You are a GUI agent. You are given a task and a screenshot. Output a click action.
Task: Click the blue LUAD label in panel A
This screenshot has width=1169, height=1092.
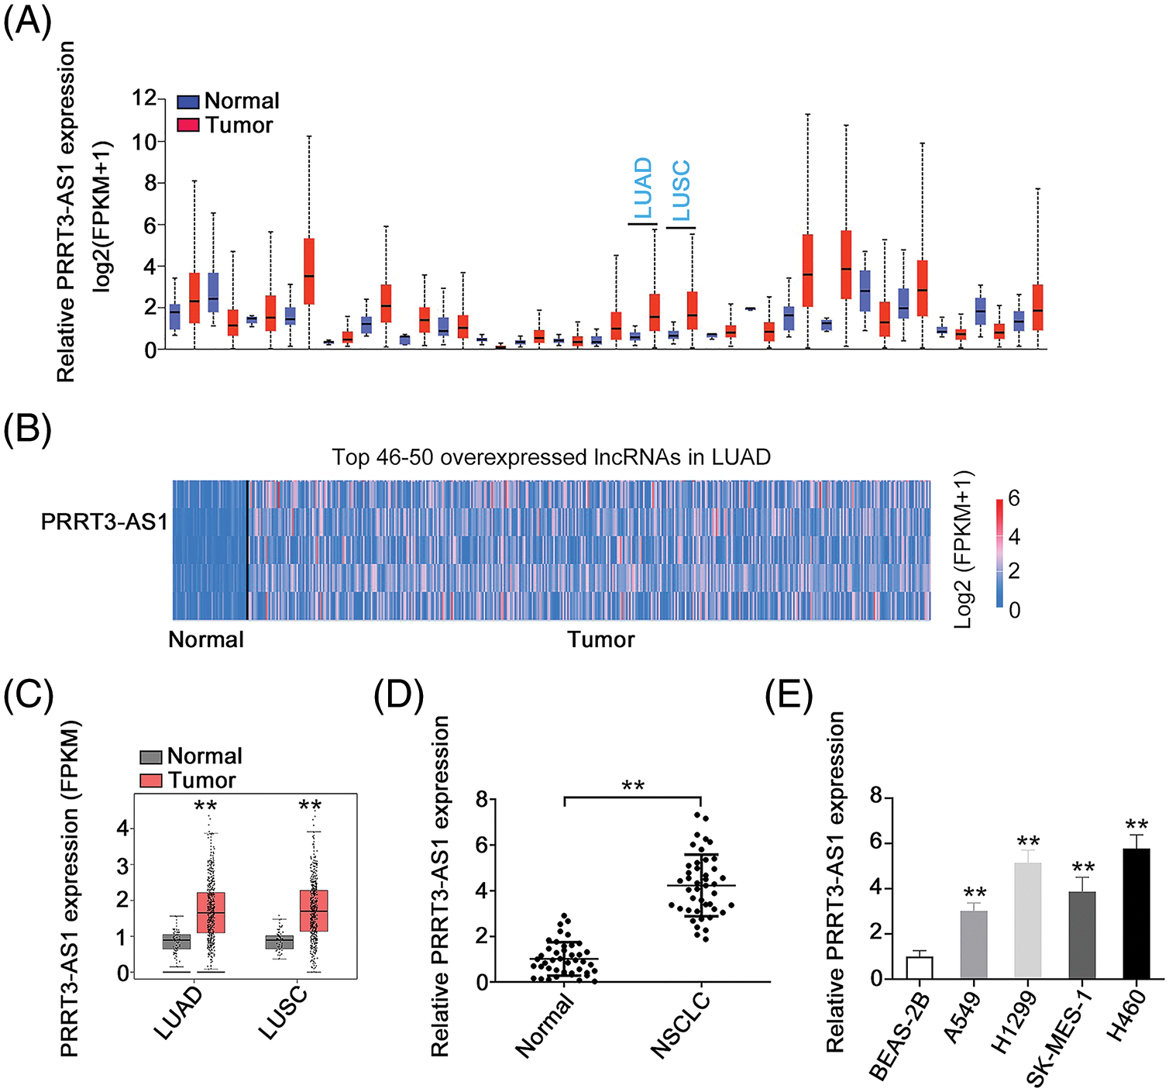pyautogui.click(x=644, y=188)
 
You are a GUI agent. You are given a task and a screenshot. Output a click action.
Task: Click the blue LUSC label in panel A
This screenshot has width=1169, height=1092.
pyautogui.click(x=681, y=191)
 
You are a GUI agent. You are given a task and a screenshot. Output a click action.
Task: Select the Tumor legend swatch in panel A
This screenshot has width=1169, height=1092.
pyautogui.click(x=188, y=125)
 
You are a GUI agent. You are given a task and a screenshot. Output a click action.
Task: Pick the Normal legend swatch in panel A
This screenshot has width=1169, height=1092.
pyautogui.click(x=188, y=102)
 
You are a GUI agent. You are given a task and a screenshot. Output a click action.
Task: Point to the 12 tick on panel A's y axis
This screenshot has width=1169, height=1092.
pyautogui.click(x=144, y=98)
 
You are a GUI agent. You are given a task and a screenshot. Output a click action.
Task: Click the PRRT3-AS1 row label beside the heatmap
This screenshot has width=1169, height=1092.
pyautogui.click(x=104, y=522)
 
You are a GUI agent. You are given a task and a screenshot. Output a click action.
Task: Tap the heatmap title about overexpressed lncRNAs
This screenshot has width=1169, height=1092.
pyautogui.click(x=551, y=457)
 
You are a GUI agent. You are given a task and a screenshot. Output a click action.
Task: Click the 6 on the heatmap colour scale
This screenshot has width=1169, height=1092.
pyautogui.click(x=1013, y=498)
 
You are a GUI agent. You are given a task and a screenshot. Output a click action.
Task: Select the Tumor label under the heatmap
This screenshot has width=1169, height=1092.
pyautogui.click(x=600, y=639)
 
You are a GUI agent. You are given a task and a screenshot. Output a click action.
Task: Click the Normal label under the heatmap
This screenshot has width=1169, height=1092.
pyautogui.click(x=206, y=639)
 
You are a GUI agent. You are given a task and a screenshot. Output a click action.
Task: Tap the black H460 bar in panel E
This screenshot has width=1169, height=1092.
pyautogui.click(x=1136, y=914)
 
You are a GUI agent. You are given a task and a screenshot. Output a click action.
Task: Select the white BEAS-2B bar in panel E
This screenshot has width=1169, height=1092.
pyautogui.click(x=920, y=967)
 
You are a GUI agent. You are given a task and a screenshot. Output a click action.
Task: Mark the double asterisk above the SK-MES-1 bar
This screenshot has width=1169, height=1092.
pyautogui.click(x=1082, y=867)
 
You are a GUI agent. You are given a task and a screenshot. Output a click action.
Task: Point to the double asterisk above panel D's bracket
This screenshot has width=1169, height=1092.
pyautogui.click(x=633, y=786)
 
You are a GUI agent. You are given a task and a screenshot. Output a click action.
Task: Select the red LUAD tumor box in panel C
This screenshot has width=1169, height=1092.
pyautogui.click(x=211, y=912)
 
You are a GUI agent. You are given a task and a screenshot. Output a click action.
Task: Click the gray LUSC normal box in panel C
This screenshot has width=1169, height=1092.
pyautogui.click(x=279, y=942)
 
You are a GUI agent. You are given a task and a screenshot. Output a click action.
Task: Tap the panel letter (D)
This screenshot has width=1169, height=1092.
pyautogui.click(x=399, y=697)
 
